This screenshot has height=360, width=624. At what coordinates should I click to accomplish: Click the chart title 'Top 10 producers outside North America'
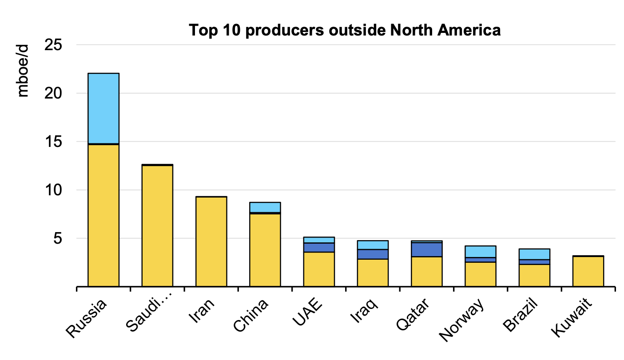click(x=345, y=30)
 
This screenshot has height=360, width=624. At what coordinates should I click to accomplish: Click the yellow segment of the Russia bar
click(x=103, y=215)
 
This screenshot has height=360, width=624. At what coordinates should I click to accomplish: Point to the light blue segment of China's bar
click(x=265, y=207)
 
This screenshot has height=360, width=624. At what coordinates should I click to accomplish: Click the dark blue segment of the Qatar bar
click(x=427, y=249)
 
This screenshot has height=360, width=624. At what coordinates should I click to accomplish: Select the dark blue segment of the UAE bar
click(x=319, y=247)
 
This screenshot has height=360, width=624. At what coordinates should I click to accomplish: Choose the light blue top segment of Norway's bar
click(x=481, y=251)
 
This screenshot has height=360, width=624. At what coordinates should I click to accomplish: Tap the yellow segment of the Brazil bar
click(x=534, y=275)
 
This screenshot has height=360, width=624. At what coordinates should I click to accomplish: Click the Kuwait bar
click(x=588, y=271)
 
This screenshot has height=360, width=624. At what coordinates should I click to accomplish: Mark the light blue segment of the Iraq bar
click(x=373, y=245)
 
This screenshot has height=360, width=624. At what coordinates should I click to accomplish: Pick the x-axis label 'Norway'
click(x=462, y=322)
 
